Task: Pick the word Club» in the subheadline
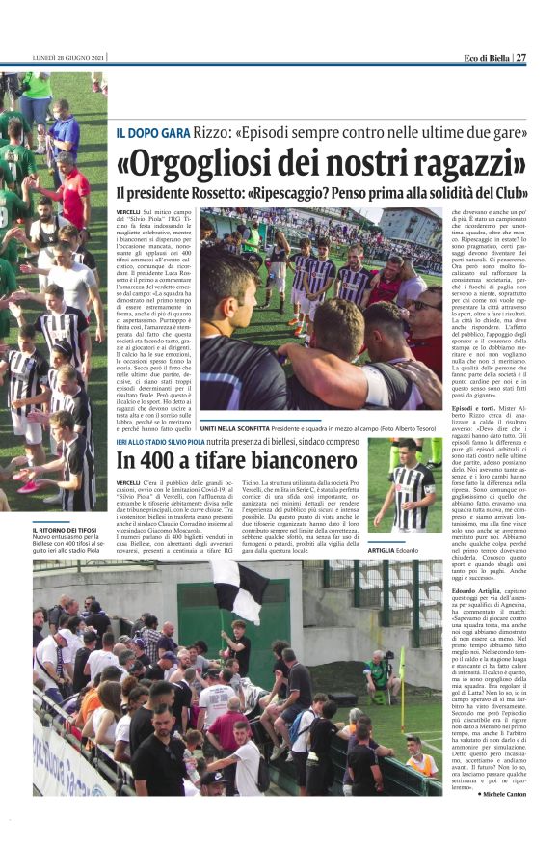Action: (507, 193)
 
